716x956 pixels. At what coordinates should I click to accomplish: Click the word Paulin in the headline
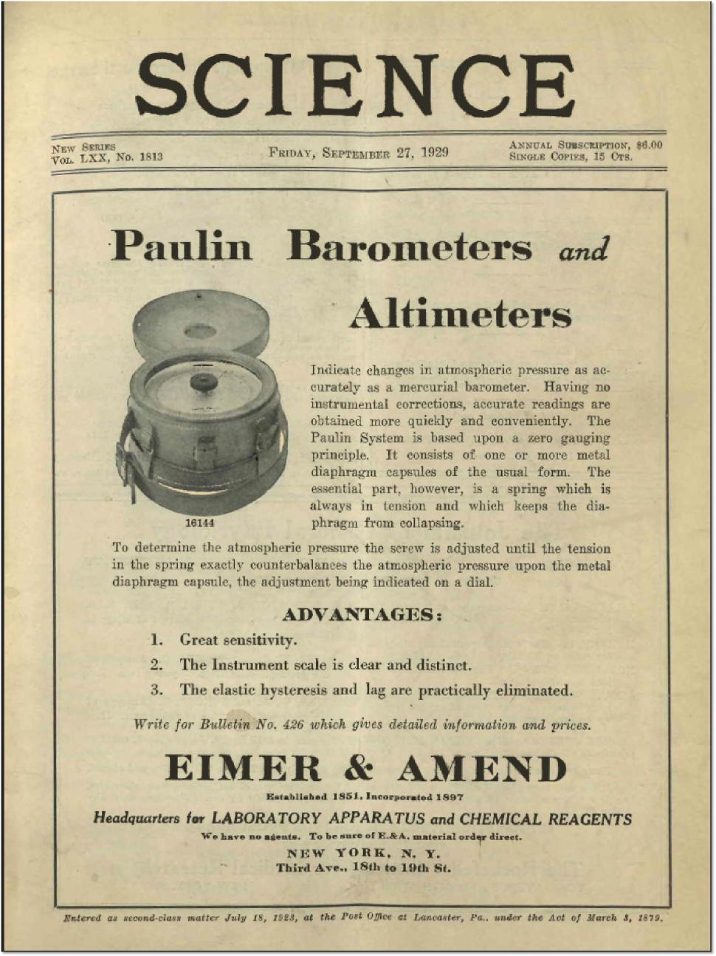pos(182,245)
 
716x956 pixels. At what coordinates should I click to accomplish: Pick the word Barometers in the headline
pos(410,245)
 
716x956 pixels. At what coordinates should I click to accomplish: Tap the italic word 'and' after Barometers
pos(584,250)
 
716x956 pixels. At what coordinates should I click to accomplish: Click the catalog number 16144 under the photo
pos(199,523)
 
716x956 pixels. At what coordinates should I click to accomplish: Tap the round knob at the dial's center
pos(203,382)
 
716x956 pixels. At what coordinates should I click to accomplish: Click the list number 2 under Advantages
pos(156,664)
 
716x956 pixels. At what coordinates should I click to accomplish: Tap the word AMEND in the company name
pos(482,768)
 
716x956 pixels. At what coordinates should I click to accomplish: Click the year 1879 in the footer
pos(650,918)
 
